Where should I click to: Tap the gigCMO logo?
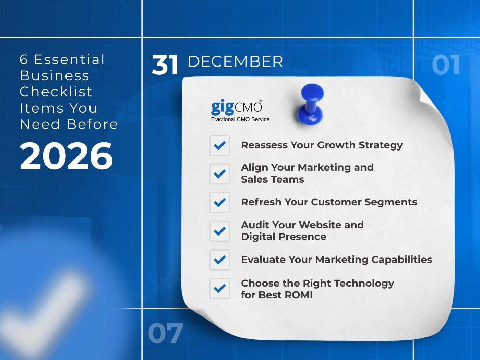pos(237,107)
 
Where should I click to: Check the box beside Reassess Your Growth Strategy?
pos(220,145)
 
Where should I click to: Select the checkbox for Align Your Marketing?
pos(220,174)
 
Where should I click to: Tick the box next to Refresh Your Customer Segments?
pos(220,202)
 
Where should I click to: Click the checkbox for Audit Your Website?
pos(220,231)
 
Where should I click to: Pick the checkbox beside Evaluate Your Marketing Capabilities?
pos(220,260)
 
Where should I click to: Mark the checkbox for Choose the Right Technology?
pos(220,289)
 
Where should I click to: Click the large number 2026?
pos(66,156)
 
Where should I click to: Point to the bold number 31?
pos(165,65)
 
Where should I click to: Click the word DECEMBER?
pos(235,62)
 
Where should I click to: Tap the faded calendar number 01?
pos(446,65)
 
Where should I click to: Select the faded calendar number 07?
pos(165,333)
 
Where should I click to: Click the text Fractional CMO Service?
pos(240,119)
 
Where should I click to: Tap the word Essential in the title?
pos(69,59)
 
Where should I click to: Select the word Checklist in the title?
pos(56,92)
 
